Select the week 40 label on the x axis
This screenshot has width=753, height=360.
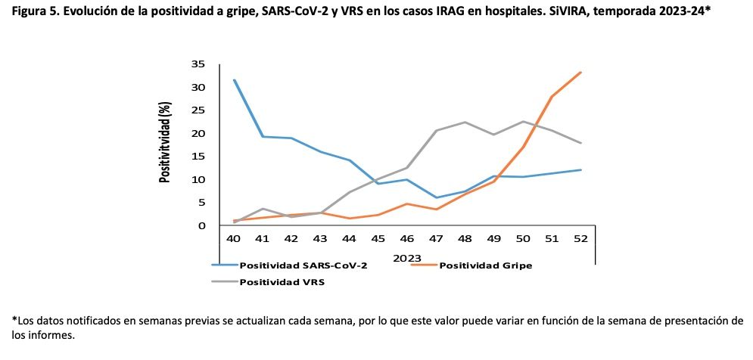click(x=234, y=238)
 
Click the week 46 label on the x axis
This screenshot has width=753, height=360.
click(x=407, y=238)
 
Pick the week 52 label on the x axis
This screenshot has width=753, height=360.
click(x=580, y=238)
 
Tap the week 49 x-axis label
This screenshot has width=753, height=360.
click(x=493, y=238)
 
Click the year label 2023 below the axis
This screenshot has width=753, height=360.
click(x=407, y=257)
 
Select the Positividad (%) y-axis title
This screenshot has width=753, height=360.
click(x=164, y=144)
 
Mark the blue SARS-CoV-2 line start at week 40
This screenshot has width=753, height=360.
click(x=235, y=79)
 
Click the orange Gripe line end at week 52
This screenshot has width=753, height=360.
click(x=580, y=73)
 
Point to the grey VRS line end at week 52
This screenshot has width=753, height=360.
click(x=580, y=143)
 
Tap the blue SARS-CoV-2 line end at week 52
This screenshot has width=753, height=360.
click(x=580, y=169)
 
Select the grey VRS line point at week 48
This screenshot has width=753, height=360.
click(x=465, y=122)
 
